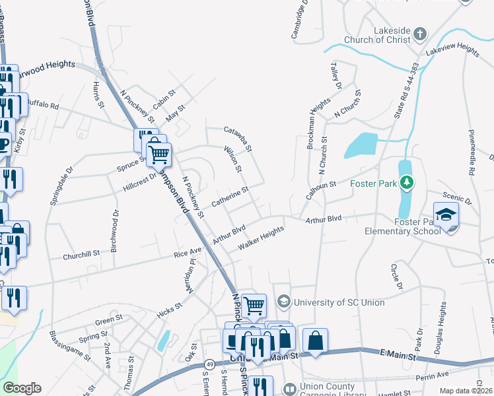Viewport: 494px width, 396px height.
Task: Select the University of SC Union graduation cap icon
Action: coord(284,302)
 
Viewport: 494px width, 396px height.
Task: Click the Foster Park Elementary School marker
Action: coord(446,216)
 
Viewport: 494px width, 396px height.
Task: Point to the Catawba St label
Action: coord(238,139)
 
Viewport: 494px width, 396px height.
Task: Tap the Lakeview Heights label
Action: coord(452,50)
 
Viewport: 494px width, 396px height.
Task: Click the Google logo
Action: coord(22,388)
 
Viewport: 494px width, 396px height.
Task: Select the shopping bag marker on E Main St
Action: coord(316,342)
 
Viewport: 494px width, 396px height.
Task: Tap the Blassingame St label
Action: coord(70,344)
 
